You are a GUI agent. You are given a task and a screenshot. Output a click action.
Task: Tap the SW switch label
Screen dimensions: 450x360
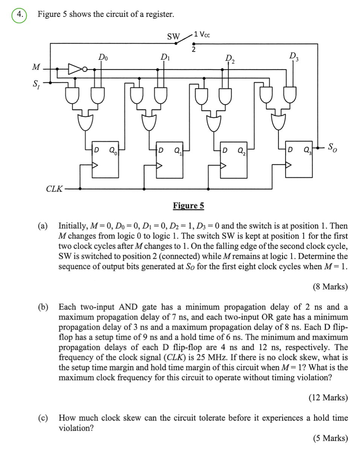(173, 36)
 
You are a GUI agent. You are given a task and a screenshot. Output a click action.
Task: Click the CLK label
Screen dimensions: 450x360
(54, 188)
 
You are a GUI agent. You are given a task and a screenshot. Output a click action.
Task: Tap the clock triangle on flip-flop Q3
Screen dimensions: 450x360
(289, 165)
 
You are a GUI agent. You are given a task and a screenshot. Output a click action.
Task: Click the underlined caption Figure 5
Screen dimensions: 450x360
(188, 206)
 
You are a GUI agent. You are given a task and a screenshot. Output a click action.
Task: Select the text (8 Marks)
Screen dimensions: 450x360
(330, 287)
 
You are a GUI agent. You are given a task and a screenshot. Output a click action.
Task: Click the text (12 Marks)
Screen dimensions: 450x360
(328, 397)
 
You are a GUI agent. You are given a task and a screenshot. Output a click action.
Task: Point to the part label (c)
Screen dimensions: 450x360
(43, 418)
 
